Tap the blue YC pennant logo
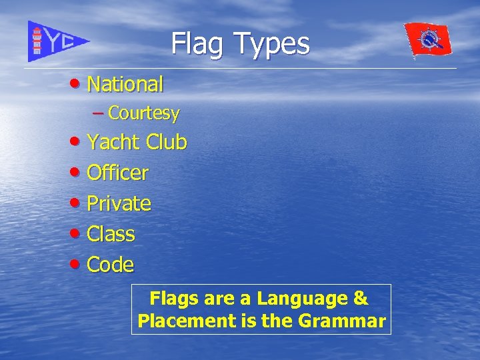pos(57,41)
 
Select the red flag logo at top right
pos(428,40)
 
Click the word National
pos(125,85)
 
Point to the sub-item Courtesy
pos(143,113)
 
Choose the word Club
pos(166,142)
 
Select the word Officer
pos(118,173)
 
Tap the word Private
pos(119,203)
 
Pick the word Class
pos(111,234)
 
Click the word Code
pos(111,265)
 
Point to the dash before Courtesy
pos(98,113)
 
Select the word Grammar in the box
pos(342,321)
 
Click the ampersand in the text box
pos(361,298)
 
